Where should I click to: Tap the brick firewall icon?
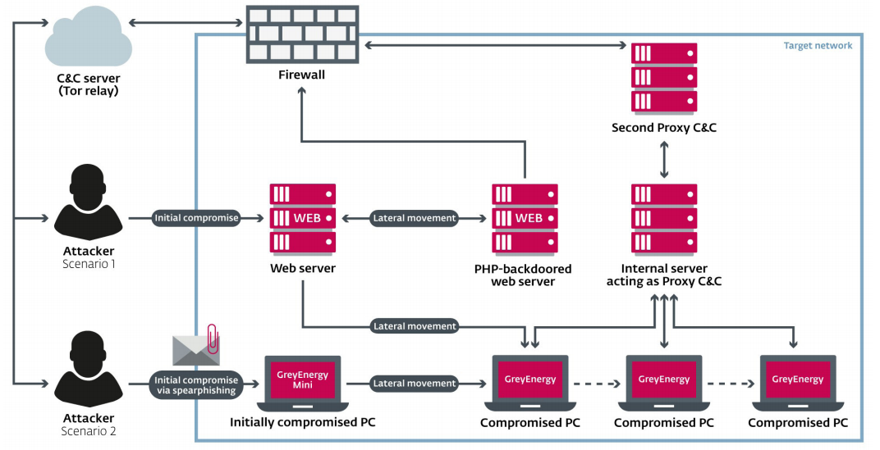[x=302, y=34]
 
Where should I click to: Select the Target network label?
[x=818, y=46]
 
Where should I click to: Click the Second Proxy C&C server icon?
[x=664, y=77]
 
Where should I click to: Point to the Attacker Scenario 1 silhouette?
[x=89, y=202]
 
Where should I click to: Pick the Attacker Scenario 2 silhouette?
[x=89, y=370]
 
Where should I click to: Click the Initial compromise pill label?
[x=196, y=218]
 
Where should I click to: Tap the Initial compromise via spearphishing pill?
[x=196, y=385]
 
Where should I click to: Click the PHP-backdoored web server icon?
[x=525, y=218]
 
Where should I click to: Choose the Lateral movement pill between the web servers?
[x=415, y=218]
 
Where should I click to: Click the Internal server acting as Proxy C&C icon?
[x=664, y=218]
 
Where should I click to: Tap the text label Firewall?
[x=302, y=75]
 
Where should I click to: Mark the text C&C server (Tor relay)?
[x=89, y=84]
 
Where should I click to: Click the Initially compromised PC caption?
[x=302, y=422]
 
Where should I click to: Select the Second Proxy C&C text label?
[x=664, y=128]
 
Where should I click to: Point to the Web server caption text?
[x=302, y=268]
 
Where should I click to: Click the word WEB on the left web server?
[x=307, y=218]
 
